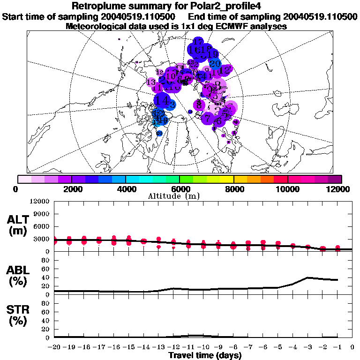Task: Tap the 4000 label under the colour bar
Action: (x=126, y=189)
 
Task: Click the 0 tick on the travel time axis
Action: (x=352, y=347)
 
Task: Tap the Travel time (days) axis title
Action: (x=205, y=355)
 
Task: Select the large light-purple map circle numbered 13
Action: (x=151, y=82)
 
